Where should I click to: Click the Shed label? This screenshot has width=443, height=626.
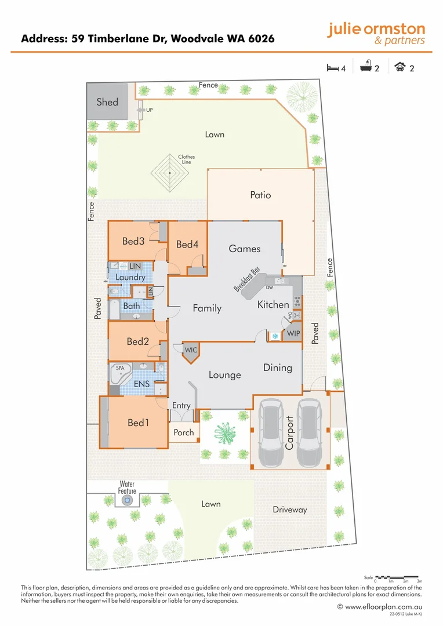click(x=107, y=102)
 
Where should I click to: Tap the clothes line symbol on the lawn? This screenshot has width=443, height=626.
click(x=170, y=173)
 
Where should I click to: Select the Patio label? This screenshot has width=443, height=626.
click(x=260, y=195)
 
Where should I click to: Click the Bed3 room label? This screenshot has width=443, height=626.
click(x=133, y=241)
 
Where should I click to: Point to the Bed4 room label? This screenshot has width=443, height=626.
click(x=187, y=245)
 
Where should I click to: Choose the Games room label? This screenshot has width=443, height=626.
click(x=245, y=249)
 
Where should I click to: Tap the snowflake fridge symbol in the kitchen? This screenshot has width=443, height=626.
click(x=275, y=336)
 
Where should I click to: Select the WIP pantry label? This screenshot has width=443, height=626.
click(x=293, y=334)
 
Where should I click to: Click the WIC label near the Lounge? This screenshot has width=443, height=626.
click(x=191, y=350)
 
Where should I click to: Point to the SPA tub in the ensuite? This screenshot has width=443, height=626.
click(x=120, y=369)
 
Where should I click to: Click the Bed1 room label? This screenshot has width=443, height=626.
click(x=139, y=423)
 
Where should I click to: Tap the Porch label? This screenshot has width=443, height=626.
click(x=184, y=432)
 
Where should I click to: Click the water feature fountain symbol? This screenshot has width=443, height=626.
click(x=127, y=499)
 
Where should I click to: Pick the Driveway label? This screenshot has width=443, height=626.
click(x=289, y=509)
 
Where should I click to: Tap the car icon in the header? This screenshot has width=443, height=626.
click(x=400, y=68)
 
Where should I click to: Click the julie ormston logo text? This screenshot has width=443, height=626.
click(x=376, y=30)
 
